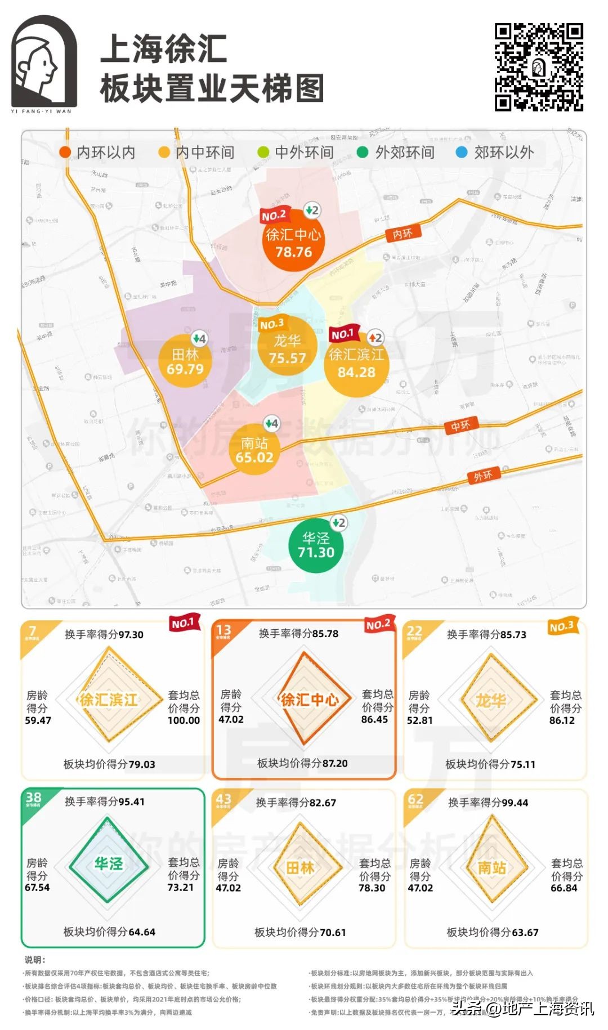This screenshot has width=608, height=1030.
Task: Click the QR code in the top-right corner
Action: (539, 67)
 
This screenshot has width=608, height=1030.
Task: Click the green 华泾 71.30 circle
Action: (316, 545)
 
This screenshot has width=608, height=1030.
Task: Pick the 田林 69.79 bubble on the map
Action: (185, 362)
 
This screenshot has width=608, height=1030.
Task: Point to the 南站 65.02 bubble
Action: (254, 450)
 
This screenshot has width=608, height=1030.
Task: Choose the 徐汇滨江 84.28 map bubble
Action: (356, 364)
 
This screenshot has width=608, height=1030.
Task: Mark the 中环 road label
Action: (461, 426)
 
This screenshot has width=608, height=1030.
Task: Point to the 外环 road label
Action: (483, 476)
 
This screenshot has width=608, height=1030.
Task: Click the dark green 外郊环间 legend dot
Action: (363, 153)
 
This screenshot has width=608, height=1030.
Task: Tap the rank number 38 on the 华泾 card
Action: (33, 798)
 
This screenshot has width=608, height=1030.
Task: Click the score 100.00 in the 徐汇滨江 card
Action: (184, 720)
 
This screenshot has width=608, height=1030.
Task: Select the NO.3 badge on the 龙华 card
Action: (561, 627)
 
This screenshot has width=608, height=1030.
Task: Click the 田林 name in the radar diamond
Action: (300, 868)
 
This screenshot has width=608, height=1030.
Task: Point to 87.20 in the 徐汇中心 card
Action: (334, 763)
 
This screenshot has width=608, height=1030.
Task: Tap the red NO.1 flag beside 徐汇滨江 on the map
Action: (342, 334)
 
